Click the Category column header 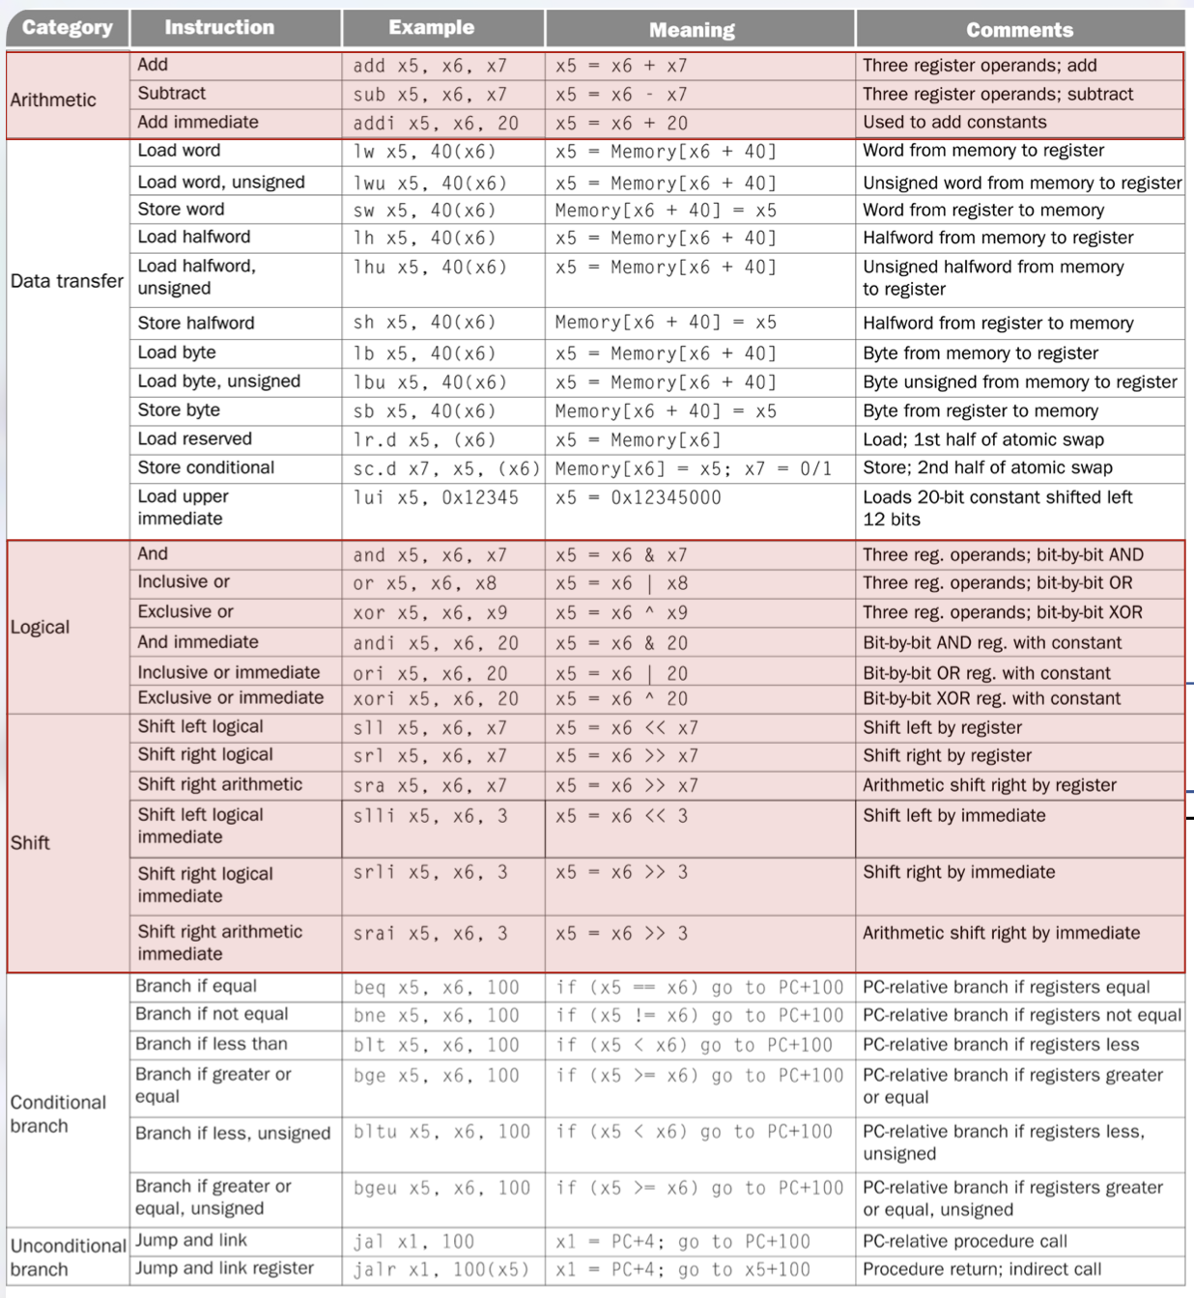pyautogui.click(x=67, y=27)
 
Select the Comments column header pyautogui.click(x=1019, y=30)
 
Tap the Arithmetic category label pyautogui.click(x=53, y=99)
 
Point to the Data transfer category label pyautogui.click(x=67, y=281)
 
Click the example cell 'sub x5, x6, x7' pyautogui.click(x=429, y=95)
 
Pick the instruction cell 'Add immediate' pyautogui.click(x=198, y=122)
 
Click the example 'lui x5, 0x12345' pyautogui.click(x=435, y=497)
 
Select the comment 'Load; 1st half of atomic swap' pyautogui.click(x=982, y=439)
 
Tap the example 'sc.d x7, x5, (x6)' pyautogui.click(x=445, y=468)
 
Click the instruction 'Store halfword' pyautogui.click(x=196, y=323)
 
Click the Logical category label pyautogui.click(x=40, y=627)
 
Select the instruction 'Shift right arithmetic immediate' pyautogui.click(x=219, y=943)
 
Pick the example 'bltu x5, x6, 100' pyautogui.click(x=441, y=1132)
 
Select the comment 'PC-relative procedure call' pyautogui.click(x=964, y=1241)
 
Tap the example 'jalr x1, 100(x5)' pyautogui.click(x=441, y=1269)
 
